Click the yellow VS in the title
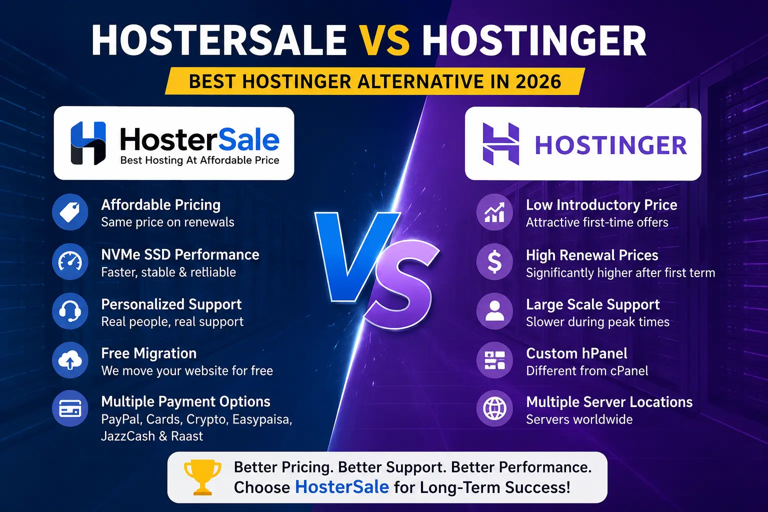tap(385, 40)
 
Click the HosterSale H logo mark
tap(88, 143)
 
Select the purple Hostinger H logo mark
tap(500, 144)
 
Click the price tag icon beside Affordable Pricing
tap(70, 212)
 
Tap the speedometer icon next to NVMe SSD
tap(70, 261)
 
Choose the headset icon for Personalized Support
tap(70, 311)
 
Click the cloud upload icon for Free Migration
tap(70, 360)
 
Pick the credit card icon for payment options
tap(70, 408)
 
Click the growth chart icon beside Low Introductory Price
tap(494, 212)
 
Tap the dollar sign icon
tap(494, 261)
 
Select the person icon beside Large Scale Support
tap(494, 311)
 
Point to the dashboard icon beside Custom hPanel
tap(494, 360)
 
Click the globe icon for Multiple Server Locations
tap(494, 408)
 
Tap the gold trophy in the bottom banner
tap(202, 477)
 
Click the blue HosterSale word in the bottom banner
tap(342, 487)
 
